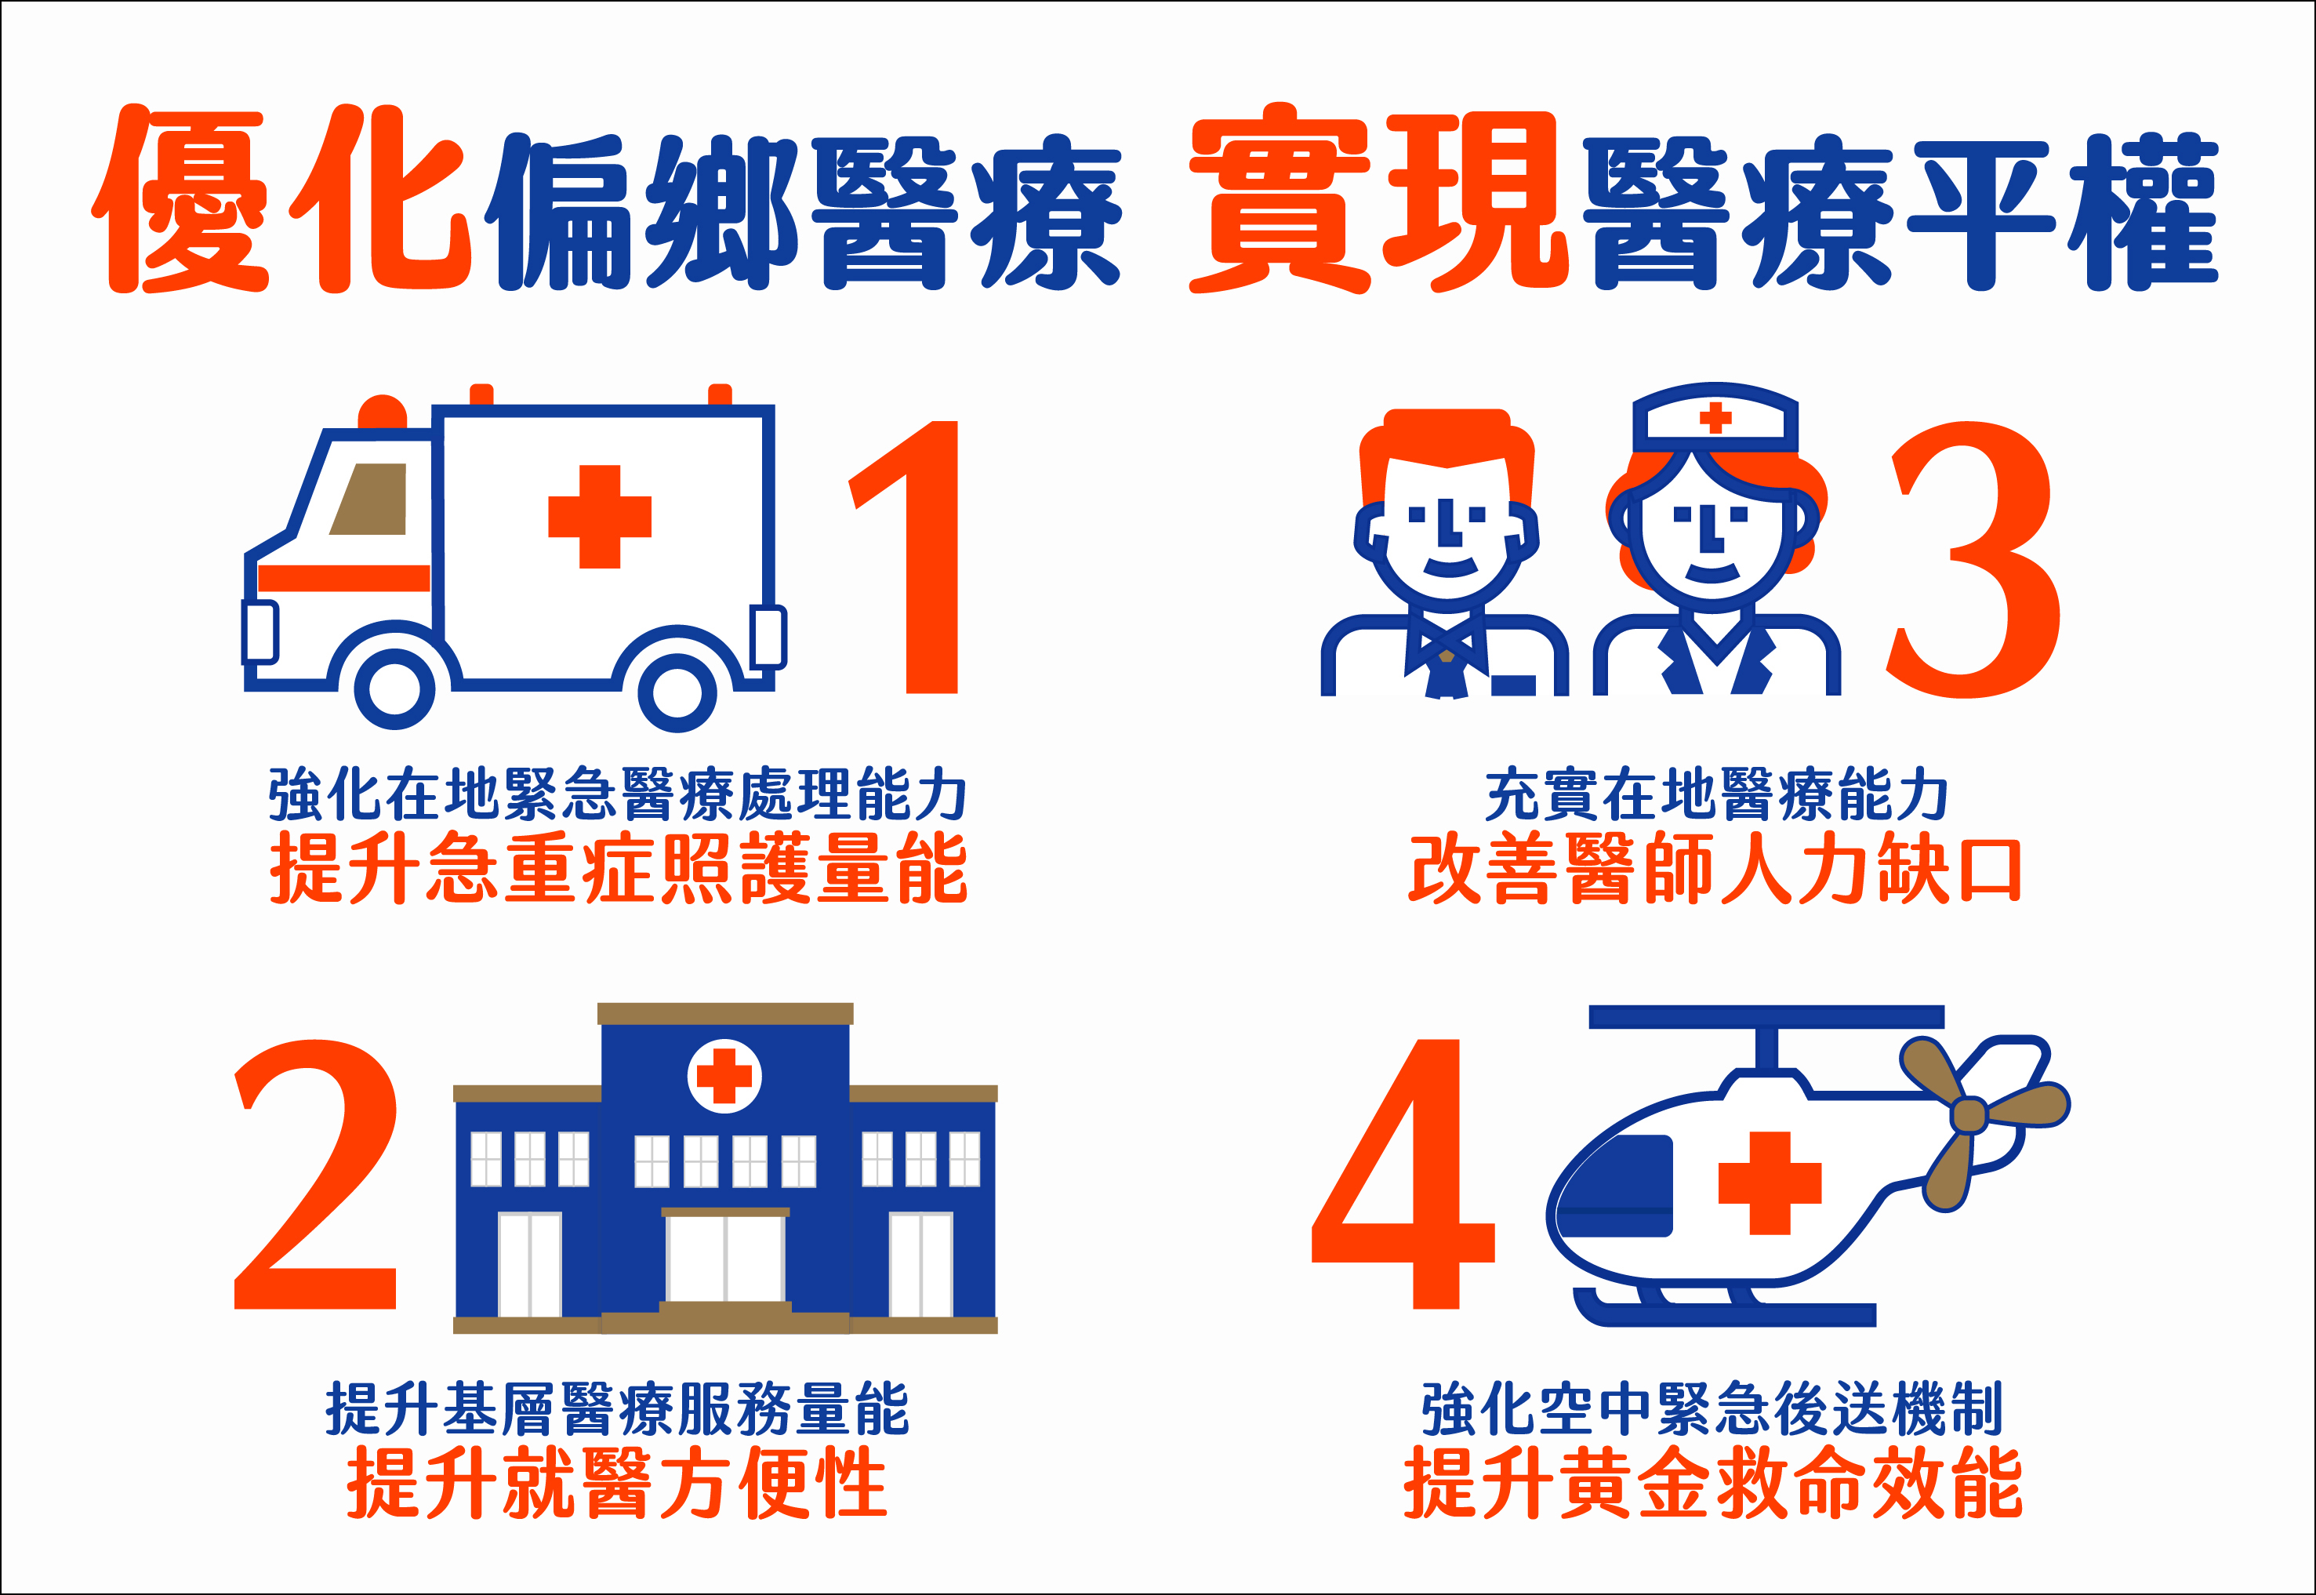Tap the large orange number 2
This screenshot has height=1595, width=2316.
(x=316, y=1174)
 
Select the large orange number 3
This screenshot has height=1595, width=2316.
(x=1973, y=560)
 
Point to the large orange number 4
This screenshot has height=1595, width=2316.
(x=1403, y=1174)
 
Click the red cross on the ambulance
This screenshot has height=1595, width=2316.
(x=600, y=517)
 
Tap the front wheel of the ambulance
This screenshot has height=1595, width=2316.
(x=396, y=689)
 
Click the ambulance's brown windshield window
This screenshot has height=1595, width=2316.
(x=370, y=499)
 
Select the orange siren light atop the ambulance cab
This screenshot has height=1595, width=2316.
(x=382, y=412)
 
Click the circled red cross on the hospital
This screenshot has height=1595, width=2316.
(x=724, y=1077)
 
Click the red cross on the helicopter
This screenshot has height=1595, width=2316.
(x=1770, y=1183)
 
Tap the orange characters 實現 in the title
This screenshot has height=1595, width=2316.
(x=1378, y=200)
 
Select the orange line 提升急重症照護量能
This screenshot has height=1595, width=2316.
(x=619, y=867)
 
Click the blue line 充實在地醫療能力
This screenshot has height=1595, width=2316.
(x=1716, y=794)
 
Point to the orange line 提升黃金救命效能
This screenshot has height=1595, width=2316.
(x=1715, y=1483)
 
